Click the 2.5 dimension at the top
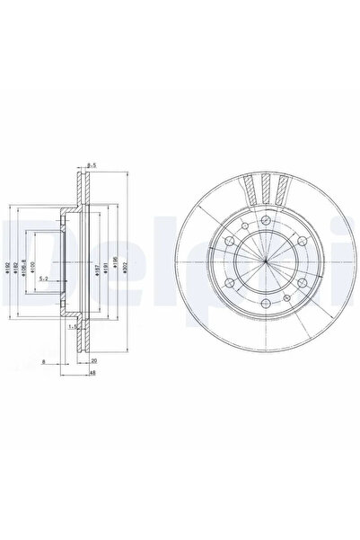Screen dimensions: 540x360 [x=91, y=164]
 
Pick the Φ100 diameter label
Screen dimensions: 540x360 [x=31, y=269]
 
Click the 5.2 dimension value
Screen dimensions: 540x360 [x=44, y=279]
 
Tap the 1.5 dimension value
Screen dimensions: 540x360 [x=73, y=328]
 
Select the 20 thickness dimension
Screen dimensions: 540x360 [x=92, y=360]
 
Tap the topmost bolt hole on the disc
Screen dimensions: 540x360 [x=268, y=218]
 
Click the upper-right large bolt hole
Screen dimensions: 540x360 [x=306, y=240]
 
